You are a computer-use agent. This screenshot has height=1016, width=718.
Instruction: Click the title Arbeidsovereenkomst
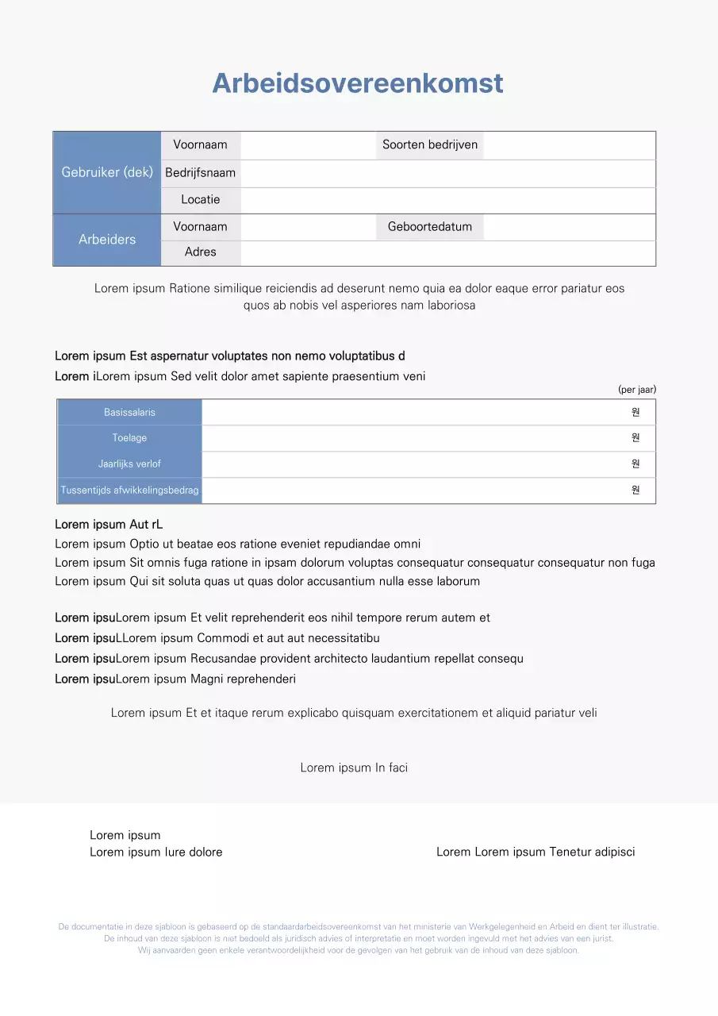(358, 83)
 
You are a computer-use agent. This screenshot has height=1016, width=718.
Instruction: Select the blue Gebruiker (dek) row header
(107, 172)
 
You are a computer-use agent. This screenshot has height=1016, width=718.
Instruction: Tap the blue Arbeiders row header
(107, 240)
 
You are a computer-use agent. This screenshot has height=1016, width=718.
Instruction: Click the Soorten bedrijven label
(430, 144)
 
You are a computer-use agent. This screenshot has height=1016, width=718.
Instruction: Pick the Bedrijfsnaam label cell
(201, 173)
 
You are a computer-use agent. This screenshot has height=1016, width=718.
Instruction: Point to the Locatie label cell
(201, 200)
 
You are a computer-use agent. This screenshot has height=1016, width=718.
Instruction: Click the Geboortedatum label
(430, 227)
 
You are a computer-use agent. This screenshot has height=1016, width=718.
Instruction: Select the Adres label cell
(201, 252)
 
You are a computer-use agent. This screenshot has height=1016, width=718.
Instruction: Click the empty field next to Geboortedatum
(569, 227)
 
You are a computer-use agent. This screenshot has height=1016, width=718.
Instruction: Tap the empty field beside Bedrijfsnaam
(447, 173)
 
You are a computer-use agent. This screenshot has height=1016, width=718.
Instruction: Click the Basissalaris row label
(129, 413)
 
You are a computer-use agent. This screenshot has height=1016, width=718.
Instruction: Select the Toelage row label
(129, 438)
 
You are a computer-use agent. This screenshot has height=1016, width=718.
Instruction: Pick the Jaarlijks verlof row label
(129, 464)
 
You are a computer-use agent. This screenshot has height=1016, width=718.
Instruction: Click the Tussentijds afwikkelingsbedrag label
(129, 491)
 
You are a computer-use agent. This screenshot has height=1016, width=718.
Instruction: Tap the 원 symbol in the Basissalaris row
(635, 413)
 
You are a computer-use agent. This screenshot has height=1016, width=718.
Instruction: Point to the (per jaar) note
(637, 390)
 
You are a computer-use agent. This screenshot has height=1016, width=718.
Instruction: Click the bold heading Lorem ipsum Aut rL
(109, 525)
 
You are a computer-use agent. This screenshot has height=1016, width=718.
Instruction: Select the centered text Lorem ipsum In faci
(354, 768)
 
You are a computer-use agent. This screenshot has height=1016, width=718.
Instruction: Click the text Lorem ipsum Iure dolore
(156, 852)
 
